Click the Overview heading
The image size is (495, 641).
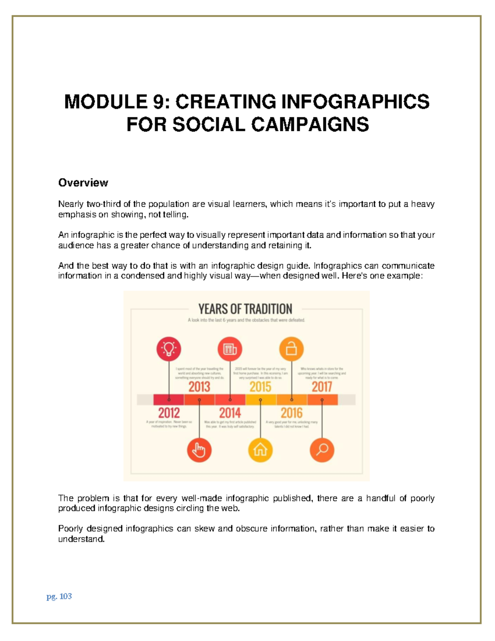[83, 182]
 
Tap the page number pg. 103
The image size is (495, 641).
[59, 596]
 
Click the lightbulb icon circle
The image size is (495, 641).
[169, 349]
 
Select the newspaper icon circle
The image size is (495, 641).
[230, 349]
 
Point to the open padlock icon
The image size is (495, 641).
[291, 349]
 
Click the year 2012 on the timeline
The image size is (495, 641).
[169, 413]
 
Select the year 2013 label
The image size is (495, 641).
[199, 387]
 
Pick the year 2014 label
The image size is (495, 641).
[230, 413]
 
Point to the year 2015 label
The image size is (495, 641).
[260, 387]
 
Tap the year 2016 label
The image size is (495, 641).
[291, 413]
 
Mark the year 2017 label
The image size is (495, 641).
[322, 387]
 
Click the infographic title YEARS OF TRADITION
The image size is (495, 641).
[245, 309]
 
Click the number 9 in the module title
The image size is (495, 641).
[158, 102]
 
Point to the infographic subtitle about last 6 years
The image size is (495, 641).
[246, 320]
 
